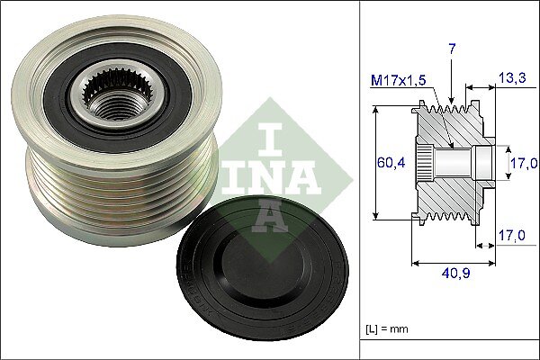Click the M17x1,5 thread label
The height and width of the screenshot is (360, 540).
point(399,81)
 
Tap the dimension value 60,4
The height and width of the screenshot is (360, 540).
point(391,162)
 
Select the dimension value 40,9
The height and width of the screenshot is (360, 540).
point(455,274)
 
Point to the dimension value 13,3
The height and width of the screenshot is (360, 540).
point(512,78)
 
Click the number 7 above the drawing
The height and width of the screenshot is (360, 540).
point(452,49)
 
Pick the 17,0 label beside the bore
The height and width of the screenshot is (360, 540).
point(524,163)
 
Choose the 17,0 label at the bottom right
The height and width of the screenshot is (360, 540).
point(512,236)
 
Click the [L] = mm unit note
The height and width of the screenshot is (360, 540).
point(386,329)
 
